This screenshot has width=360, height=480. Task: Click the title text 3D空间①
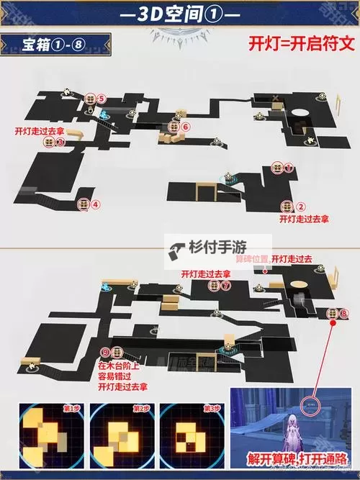180,14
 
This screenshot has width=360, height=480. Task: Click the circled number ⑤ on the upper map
102,98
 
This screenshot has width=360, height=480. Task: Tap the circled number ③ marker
61,143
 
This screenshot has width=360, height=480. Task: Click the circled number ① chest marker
289,168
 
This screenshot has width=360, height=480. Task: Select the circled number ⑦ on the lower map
225,286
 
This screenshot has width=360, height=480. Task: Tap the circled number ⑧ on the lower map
343,313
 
